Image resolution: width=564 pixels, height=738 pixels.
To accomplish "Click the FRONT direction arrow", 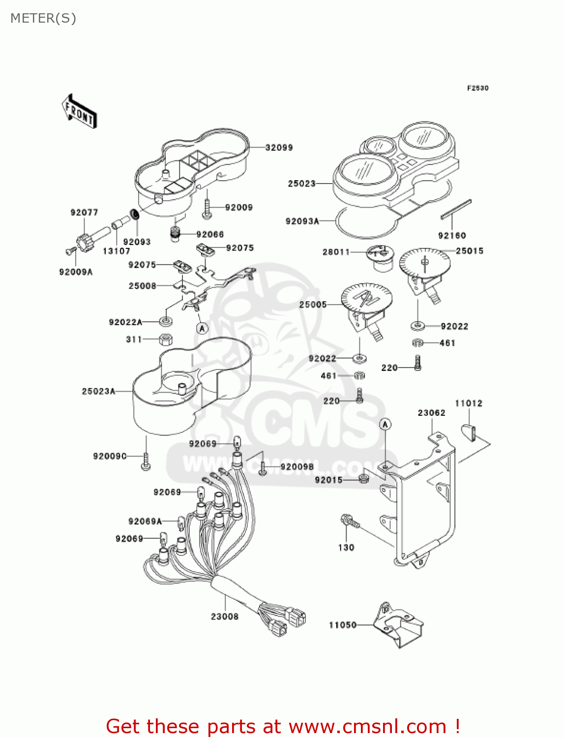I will (x=79, y=112).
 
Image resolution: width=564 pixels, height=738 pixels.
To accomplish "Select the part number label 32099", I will (x=279, y=148).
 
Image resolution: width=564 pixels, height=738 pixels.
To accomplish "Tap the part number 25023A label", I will (x=98, y=392).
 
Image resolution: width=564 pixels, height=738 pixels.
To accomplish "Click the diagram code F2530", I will (x=477, y=88).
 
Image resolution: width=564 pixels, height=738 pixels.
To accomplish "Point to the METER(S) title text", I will (x=43, y=18).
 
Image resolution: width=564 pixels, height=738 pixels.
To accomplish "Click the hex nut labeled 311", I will (x=165, y=339).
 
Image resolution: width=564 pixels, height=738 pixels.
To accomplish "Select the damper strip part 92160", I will (x=456, y=209).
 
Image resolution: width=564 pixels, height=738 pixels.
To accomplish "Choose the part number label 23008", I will (x=225, y=616).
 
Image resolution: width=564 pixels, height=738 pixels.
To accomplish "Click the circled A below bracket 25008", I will (x=202, y=328).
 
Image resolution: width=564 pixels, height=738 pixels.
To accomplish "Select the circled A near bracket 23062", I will (x=386, y=424).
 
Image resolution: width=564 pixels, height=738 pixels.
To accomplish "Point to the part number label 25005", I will (x=313, y=305).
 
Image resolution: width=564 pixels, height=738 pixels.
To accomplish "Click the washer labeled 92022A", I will (x=166, y=322).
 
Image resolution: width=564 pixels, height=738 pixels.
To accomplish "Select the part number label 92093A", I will (x=302, y=221).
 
